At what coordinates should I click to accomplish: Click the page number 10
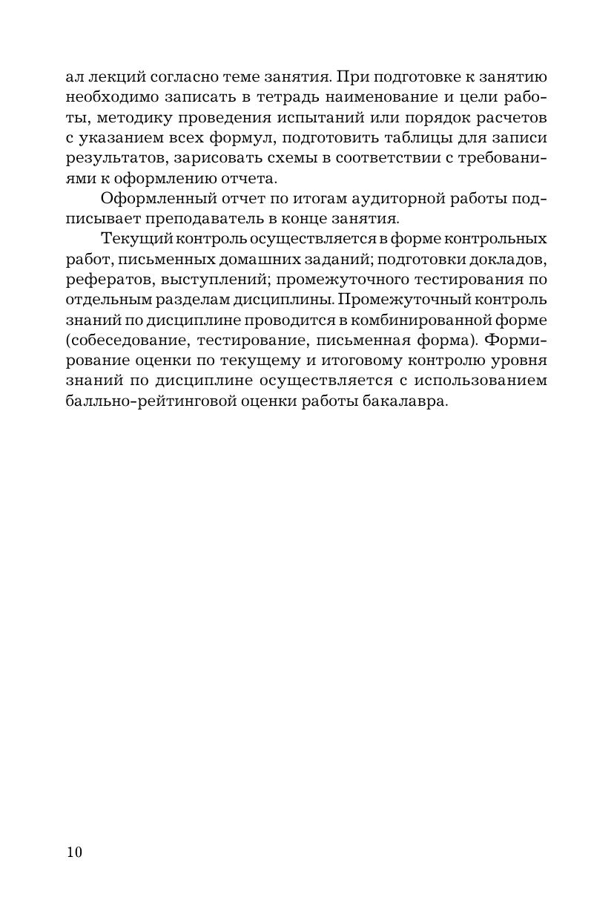coord(74,852)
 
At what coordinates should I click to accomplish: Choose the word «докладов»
coord(509,260)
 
